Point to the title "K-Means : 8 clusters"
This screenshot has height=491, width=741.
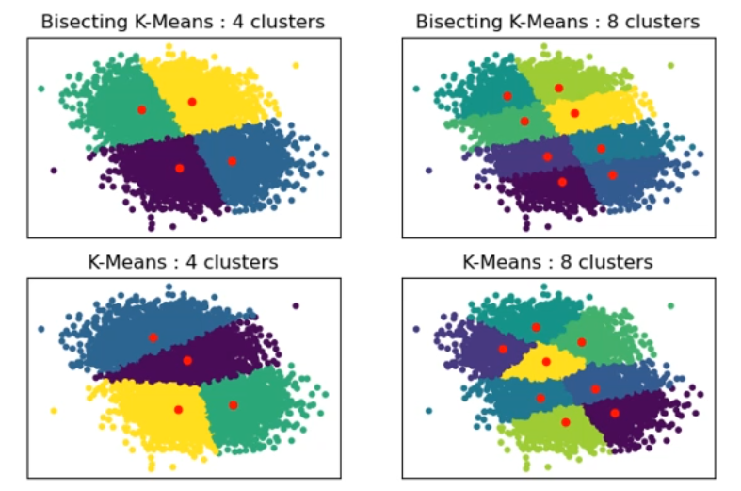tap(558, 262)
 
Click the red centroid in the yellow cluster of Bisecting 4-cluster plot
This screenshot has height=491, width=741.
tap(192, 101)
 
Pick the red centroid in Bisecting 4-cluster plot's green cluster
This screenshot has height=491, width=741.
tap(141, 109)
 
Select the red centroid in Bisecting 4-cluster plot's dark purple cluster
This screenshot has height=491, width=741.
tap(179, 168)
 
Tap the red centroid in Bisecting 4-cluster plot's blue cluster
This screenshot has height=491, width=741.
tap(232, 161)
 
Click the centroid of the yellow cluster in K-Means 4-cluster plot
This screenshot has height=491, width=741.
tap(178, 409)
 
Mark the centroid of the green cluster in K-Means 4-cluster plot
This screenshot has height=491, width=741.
tap(233, 405)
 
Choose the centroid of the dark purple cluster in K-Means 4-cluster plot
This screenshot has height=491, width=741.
tap(187, 360)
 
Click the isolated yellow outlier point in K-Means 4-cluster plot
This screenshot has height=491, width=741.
tap(54, 411)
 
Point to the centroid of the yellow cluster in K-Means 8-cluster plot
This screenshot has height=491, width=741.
tap(546, 361)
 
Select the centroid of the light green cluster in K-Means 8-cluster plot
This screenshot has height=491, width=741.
tap(566, 422)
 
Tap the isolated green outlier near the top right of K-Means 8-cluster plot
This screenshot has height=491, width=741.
tap(670, 306)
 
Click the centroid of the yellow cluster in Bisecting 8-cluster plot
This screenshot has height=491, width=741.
tap(574, 113)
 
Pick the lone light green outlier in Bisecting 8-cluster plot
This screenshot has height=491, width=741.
tap(670, 66)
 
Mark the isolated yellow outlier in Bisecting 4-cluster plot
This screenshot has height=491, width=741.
tap(295, 66)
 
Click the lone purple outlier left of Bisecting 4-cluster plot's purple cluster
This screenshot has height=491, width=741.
tap(54, 171)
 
